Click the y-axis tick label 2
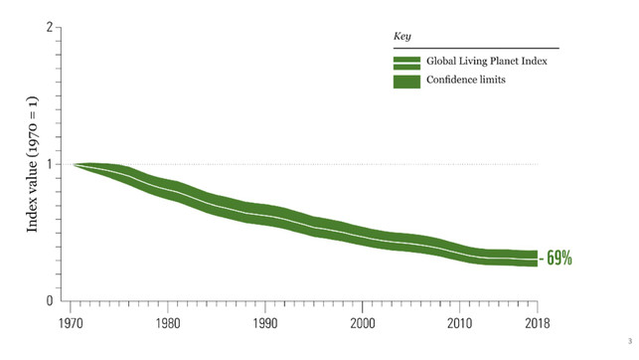(49, 28)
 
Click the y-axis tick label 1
(49, 164)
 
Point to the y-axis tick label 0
(49, 300)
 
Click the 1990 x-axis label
(266, 322)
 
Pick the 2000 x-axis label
(363, 322)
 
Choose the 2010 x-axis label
(459, 322)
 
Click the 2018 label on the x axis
(537, 322)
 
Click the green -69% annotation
(557, 259)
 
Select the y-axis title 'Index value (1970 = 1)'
(32, 164)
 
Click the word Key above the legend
(402, 36)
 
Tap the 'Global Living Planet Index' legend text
(486, 62)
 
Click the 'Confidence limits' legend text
(466, 81)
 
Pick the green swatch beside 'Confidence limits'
(406, 81)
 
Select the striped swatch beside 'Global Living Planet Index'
(406, 62)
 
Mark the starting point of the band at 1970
(75, 164)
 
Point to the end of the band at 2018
(537, 259)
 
